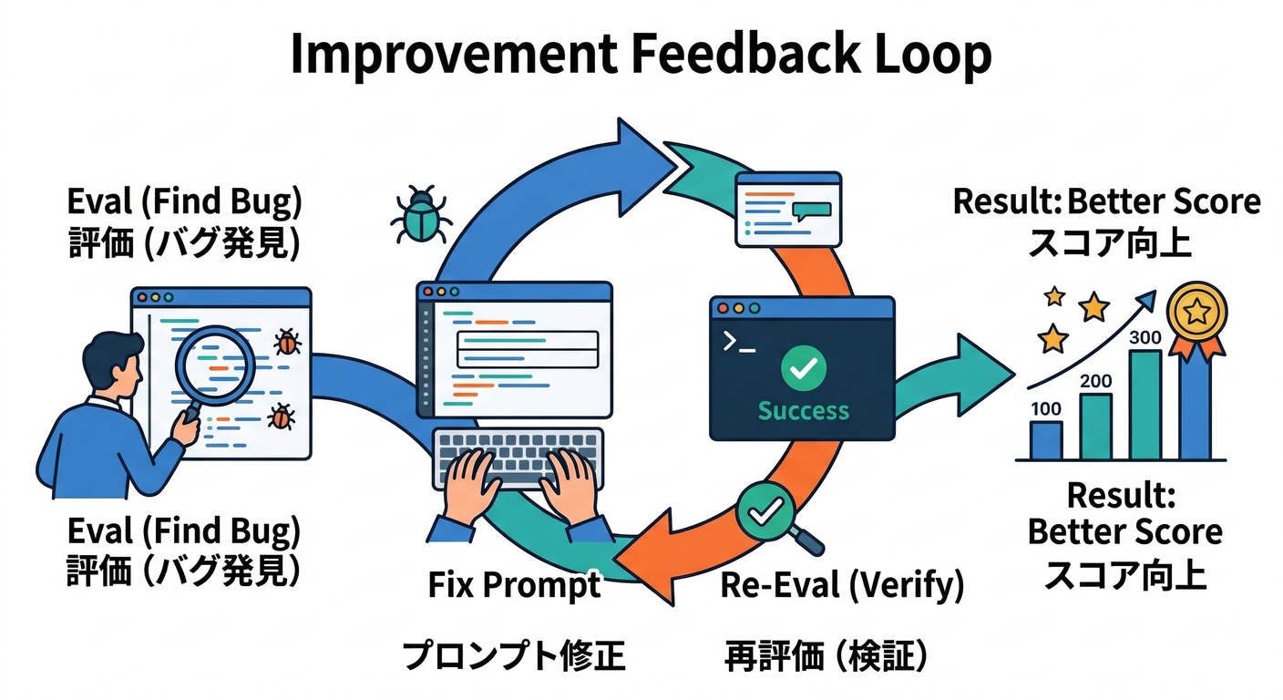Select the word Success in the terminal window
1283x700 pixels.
pos(803,410)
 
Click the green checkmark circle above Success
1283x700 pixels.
pos(804,368)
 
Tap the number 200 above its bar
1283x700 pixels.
pos(1094,381)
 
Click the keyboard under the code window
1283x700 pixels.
pos(518,454)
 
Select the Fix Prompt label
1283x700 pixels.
pos(514,584)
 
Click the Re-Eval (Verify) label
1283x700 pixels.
pos(841,584)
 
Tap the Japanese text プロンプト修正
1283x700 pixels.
pos(514,654)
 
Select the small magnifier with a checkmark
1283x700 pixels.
pos(765,514)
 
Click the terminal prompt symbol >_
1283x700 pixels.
pos(738,342)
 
